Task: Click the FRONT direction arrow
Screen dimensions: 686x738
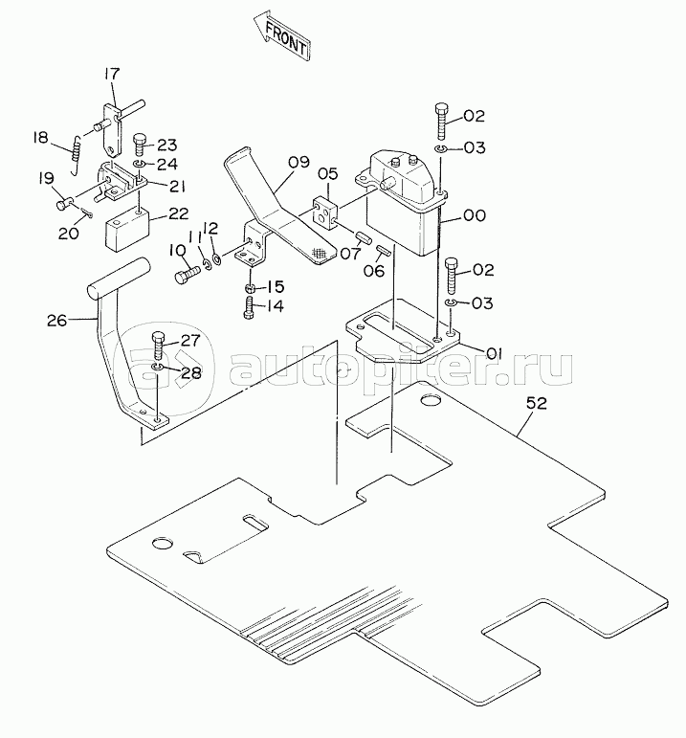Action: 282,37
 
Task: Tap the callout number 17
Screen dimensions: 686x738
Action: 112,74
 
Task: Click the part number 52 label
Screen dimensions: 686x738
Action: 537,403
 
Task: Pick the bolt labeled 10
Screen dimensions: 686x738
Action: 188,275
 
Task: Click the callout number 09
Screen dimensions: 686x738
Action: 299,162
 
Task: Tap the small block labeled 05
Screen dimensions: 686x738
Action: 324,213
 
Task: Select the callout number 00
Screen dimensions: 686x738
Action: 475,215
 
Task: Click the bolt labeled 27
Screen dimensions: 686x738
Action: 158,346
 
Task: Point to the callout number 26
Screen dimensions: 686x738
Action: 57,321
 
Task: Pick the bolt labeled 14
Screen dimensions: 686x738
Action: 250,307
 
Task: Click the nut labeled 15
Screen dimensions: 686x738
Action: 251,287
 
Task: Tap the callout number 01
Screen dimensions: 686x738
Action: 494,353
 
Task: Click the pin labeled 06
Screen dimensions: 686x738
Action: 383,250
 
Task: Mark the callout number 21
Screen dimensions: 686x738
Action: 177,187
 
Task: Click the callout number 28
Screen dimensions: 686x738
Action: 191,372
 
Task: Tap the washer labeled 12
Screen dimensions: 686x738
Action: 216,258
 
